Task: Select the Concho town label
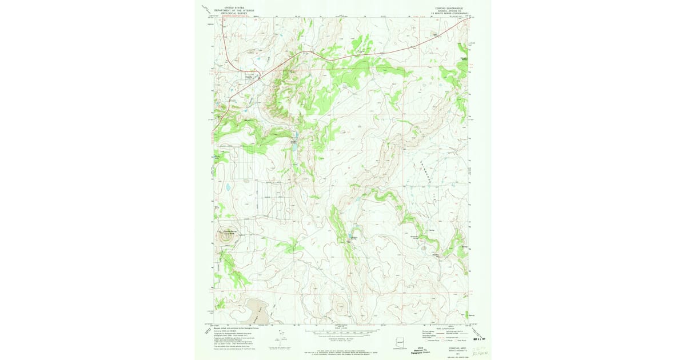pyautogui.click(x=249, y=73)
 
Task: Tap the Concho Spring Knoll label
pyautogui.click(x=229, y=231)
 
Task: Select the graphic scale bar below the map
pyautogui.click(x=343, y=332)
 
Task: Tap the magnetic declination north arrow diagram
pyautogui.click(x=282, y=337)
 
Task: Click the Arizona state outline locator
pyautogui.click(x=402, y=343)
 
